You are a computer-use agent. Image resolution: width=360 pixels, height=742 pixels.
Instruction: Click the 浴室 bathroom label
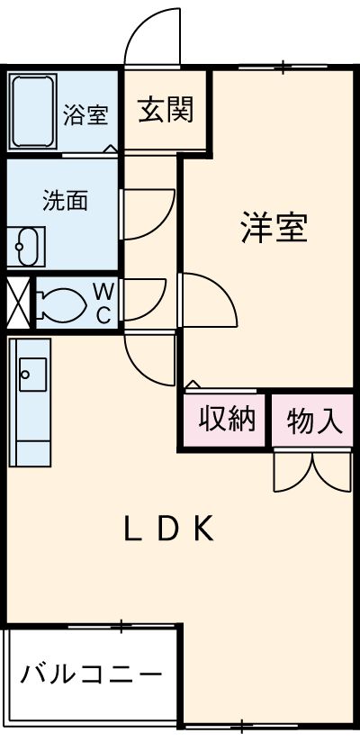pos(86,114)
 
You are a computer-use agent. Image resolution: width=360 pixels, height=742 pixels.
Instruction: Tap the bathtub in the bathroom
pos(32,112)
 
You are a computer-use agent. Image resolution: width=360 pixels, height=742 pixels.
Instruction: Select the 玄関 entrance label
pos(166,110)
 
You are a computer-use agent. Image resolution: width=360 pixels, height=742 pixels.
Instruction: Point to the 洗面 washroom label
pos(66,200)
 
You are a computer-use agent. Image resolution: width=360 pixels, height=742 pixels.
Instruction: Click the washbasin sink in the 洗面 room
pos(27,246)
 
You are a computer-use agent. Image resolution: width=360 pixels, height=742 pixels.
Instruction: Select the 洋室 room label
pos(274,228)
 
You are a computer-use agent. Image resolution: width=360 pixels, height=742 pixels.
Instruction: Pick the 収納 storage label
pos(227,419)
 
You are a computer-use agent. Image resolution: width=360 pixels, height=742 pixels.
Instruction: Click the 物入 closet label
pos(314,421)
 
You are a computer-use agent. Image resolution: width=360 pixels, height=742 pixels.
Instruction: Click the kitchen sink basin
pos(32,375)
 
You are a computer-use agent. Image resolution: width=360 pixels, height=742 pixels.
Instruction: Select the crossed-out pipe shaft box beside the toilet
pos(18,303)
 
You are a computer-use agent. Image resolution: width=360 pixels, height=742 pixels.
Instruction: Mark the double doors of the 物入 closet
pos(312,472)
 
